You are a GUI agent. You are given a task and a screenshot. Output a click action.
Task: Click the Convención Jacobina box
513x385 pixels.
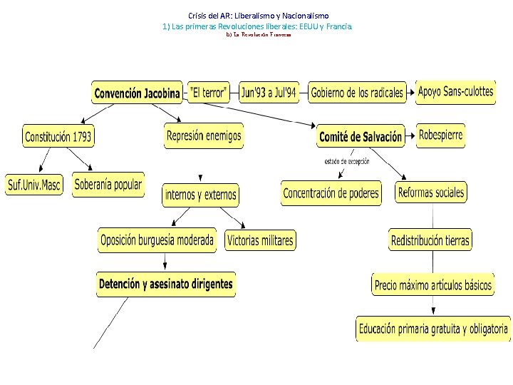pos(137,93)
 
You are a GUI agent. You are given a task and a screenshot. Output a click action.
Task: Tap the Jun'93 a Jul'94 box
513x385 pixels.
pos(269,93)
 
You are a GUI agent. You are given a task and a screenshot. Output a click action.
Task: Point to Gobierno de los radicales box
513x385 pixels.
pos(357,93)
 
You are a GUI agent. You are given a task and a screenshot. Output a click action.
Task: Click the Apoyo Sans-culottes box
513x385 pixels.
pos(455,93)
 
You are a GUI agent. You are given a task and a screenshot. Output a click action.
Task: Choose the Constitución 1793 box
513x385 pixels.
pos(58,136)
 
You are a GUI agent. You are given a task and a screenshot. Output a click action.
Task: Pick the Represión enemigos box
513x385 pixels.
pos(204,135)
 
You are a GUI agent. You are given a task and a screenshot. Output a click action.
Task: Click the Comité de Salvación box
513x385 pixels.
pos(361,136)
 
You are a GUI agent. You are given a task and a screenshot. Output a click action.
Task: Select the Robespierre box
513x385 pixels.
pos(441,135)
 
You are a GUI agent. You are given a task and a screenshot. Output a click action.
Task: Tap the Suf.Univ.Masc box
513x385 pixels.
pos(34,185)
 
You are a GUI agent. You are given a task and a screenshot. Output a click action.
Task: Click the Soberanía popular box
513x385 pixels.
pos(108,184)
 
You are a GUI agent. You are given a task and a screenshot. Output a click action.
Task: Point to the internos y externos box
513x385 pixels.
pos(201,195)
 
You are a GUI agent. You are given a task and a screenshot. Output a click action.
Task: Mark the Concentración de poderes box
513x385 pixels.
pos(331,193)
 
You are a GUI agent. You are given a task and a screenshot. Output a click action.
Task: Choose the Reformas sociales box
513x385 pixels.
pos(431,192)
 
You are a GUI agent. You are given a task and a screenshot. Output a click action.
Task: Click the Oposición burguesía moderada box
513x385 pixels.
pos(157,241)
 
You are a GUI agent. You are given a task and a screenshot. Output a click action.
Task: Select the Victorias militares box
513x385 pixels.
pos(260,241)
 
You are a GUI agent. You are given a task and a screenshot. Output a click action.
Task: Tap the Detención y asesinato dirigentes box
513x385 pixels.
pos(166,284)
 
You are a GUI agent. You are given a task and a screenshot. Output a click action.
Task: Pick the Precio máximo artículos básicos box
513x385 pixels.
pos(433,285)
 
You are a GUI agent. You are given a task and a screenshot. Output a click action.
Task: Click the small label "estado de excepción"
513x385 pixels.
pos(347,162)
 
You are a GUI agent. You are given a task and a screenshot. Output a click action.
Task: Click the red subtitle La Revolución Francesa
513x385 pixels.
pos(258,34)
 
